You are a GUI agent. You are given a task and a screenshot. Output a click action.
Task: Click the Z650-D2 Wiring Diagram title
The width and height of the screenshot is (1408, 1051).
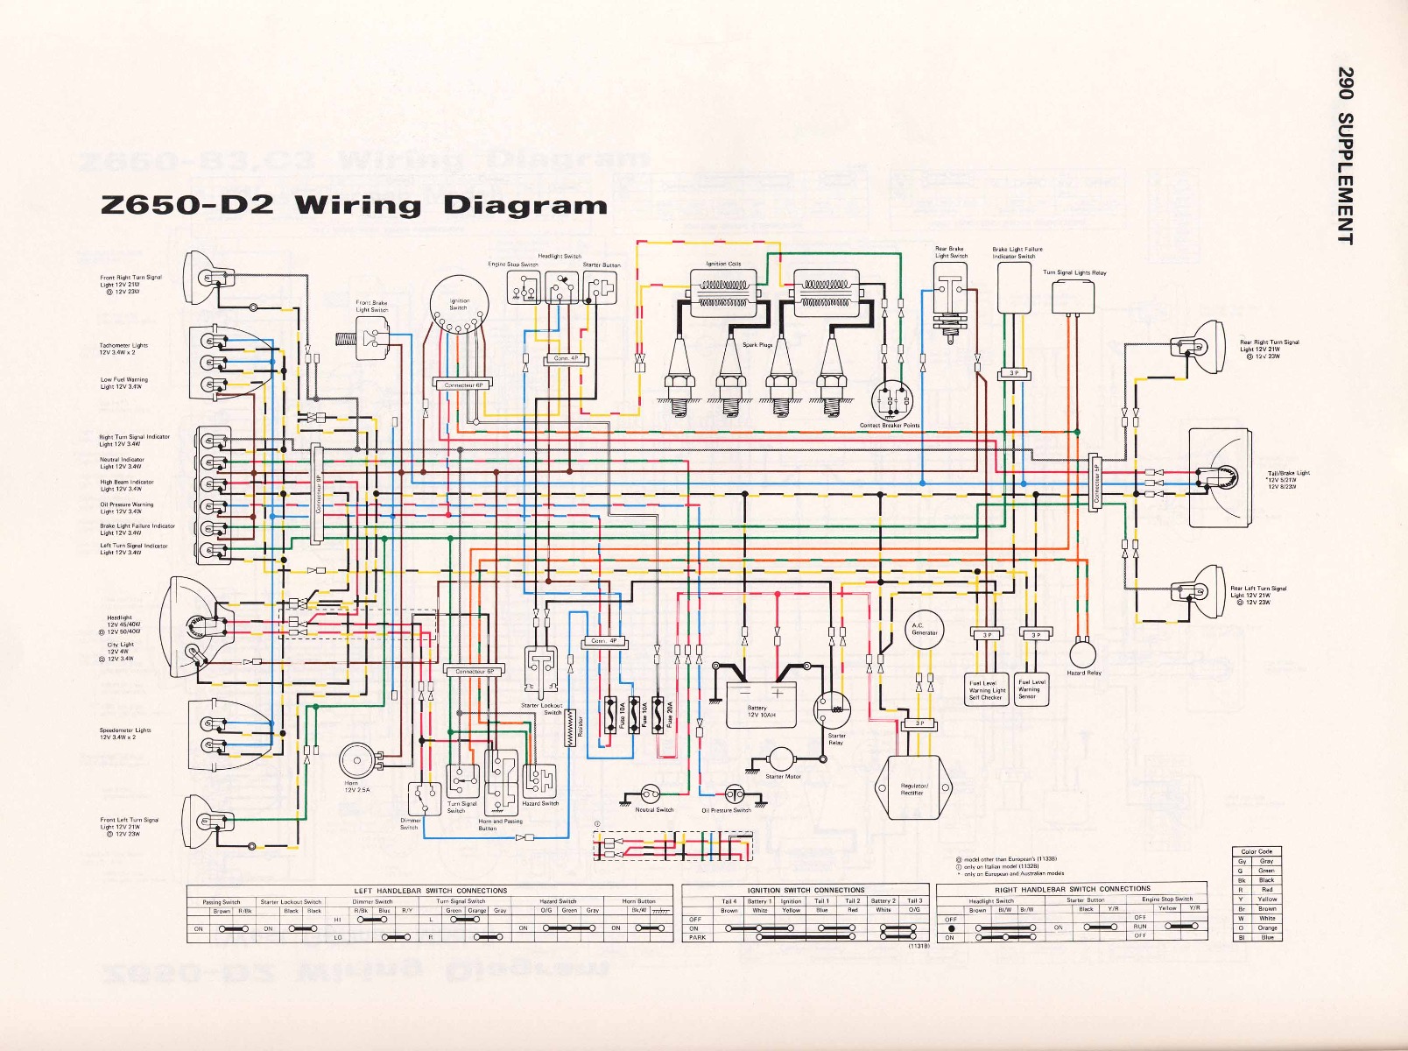coord(355,205)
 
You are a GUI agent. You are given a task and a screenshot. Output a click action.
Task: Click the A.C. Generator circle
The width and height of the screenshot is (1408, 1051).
coord(924,629)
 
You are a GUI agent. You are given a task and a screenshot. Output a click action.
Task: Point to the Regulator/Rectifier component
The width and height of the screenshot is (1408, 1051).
coord(912,787)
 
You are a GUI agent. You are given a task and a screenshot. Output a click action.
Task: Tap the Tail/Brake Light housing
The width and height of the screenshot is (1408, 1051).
coord(1220,477)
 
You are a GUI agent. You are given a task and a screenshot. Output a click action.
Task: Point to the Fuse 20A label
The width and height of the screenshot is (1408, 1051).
coord(670,715)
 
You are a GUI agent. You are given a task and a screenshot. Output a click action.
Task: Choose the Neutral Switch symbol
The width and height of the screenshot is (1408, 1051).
coord(649,794)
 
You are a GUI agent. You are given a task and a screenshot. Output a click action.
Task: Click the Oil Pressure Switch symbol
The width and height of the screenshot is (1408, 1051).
coord(733,794)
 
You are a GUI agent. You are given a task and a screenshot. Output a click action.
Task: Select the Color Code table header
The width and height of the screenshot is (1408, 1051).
coord(1257,851)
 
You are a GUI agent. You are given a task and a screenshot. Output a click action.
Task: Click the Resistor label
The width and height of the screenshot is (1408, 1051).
coord(579,726)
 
